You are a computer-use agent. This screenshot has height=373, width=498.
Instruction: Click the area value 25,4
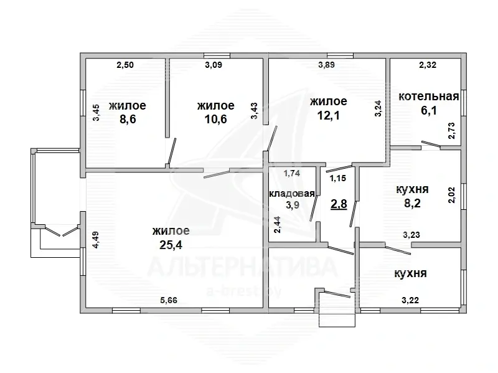click(171, 245)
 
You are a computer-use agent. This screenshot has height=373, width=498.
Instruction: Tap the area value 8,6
click(128, 120)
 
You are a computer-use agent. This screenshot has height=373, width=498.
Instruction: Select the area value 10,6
click(216, 120)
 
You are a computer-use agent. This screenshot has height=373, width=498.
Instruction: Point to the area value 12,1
click(329, 115)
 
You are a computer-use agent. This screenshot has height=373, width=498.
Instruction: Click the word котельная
click(429, 97)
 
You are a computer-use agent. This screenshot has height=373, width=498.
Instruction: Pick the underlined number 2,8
click(339, 204)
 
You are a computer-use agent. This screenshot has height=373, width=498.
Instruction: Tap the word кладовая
click(292, 194)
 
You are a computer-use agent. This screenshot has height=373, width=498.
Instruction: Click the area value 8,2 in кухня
click(412, 203)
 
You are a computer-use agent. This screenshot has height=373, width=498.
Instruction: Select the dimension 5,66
click(169, 300)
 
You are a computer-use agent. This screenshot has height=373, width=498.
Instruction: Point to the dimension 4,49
click(95, 240)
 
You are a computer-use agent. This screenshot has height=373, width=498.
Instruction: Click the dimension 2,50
click(125, 65)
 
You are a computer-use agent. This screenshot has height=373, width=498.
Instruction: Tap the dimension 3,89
click(326, 65)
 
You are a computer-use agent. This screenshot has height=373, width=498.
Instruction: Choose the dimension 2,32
click(428, 65)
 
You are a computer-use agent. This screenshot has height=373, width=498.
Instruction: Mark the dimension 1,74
click(292, 173)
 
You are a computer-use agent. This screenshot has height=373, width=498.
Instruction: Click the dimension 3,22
click(410, 300)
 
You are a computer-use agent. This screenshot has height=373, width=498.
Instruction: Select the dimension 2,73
click(451, 131)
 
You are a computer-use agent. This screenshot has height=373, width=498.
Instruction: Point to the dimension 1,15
click(337, 178)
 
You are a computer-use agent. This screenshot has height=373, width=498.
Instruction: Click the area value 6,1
click(429, 111)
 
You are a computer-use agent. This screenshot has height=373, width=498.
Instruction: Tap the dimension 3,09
click(214, 65)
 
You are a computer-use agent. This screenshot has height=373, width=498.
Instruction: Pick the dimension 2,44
click(278, 225)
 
